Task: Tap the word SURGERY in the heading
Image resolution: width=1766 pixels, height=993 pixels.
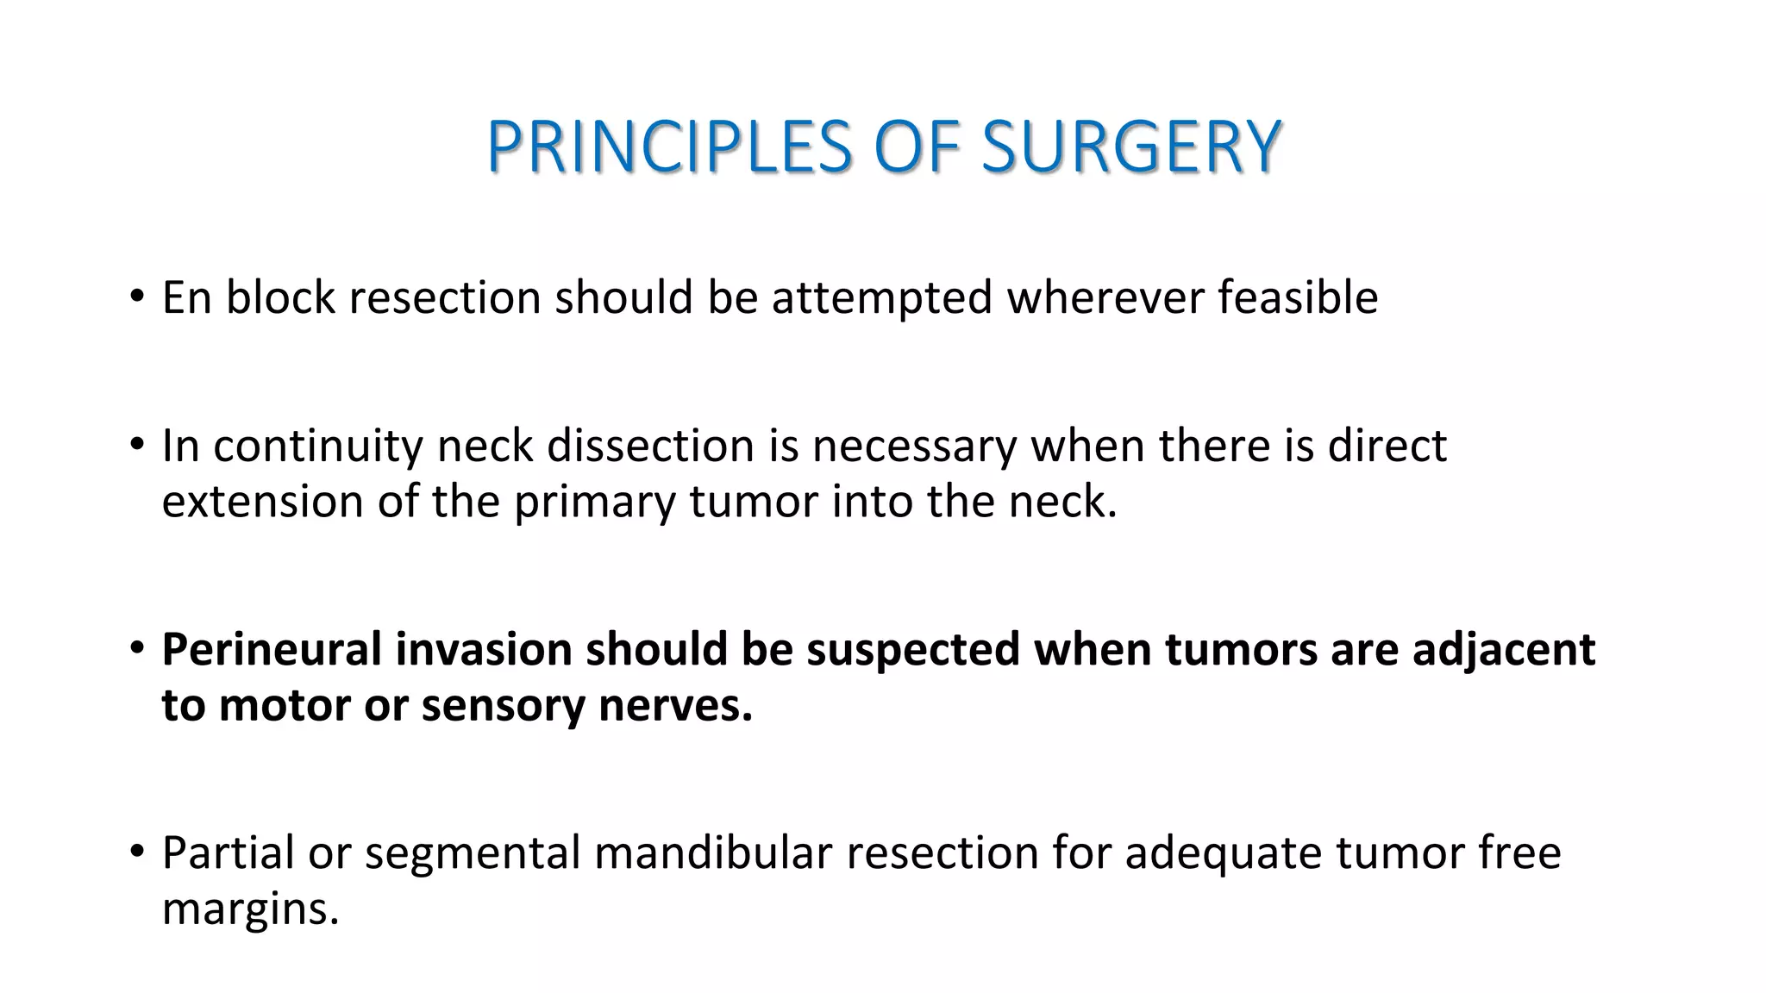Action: pyautogui.click(x=1130, y=147)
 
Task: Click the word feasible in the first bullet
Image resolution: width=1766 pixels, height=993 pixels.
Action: pyautogui.click(x=1297, y=298)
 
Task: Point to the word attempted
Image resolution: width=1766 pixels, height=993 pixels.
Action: pyautogui.click(x=882, y=298)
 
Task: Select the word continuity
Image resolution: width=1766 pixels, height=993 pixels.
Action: pyautogui.click(x=317, y=447)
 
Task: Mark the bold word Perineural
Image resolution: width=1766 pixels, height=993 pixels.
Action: pyautogui.click(x=272, y=650)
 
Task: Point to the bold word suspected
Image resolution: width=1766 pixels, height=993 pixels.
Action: pyautogui.click(x=913, y=650)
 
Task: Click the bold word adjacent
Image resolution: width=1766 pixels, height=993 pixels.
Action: pyautogui.click(x=1504, y=650)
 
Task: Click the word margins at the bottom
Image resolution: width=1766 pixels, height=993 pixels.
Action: pyautogui.click(x=250, y=909)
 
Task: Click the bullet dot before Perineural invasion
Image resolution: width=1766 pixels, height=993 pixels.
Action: pyautogui.click(x=136, y=648)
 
